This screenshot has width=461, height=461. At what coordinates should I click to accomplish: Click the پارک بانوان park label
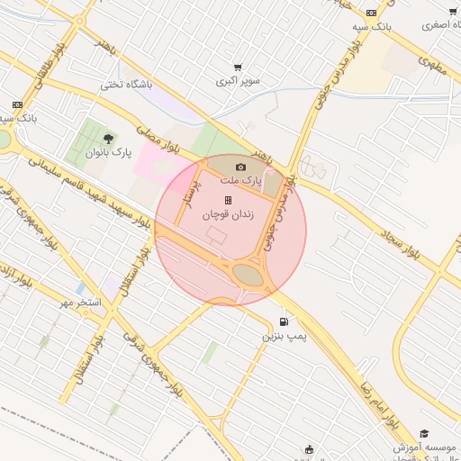[x=108, y=153]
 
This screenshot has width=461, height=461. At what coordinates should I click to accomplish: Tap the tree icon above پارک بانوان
[x=108, y=139]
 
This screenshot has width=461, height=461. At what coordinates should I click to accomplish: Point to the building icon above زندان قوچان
[x=228, y=200]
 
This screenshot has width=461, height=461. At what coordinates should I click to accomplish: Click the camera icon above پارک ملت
[x=240, y=167]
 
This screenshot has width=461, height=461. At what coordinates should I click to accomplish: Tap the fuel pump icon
[x=285, y=321]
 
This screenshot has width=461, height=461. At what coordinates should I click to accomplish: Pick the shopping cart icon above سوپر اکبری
[x=238, y=67]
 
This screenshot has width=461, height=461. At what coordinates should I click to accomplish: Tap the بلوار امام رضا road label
[x=379, y=392]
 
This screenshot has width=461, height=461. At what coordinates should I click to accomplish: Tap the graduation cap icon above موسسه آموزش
[x=424, y=433]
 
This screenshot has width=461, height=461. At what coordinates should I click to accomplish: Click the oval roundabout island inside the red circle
[x=249, y=275]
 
